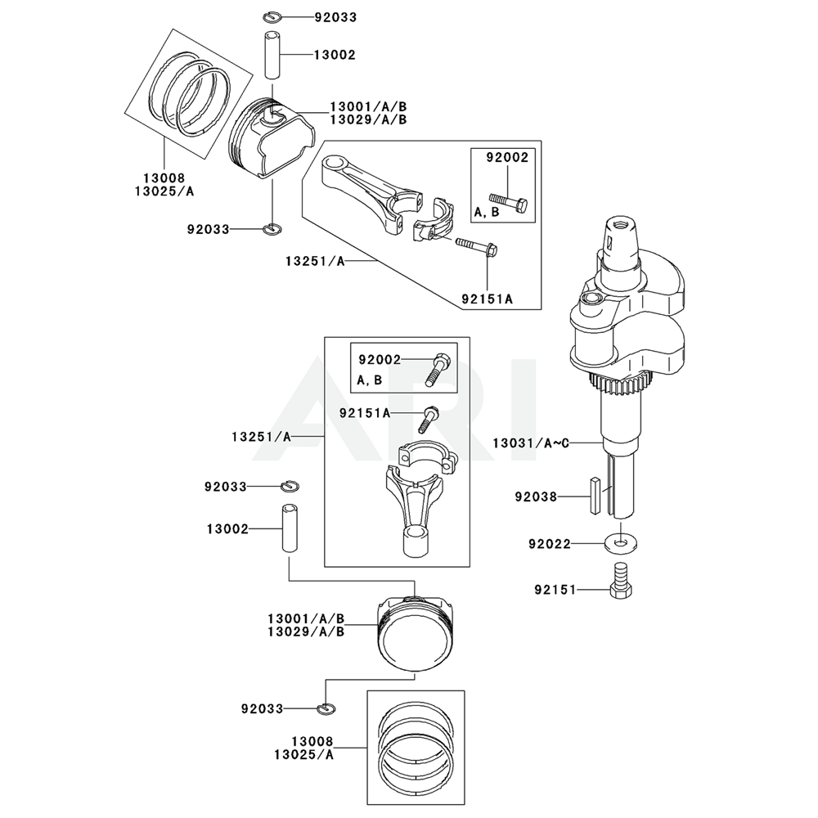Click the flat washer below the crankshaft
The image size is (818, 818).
(x=622, y=542)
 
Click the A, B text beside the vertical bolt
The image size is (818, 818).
(x=370, y=380)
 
